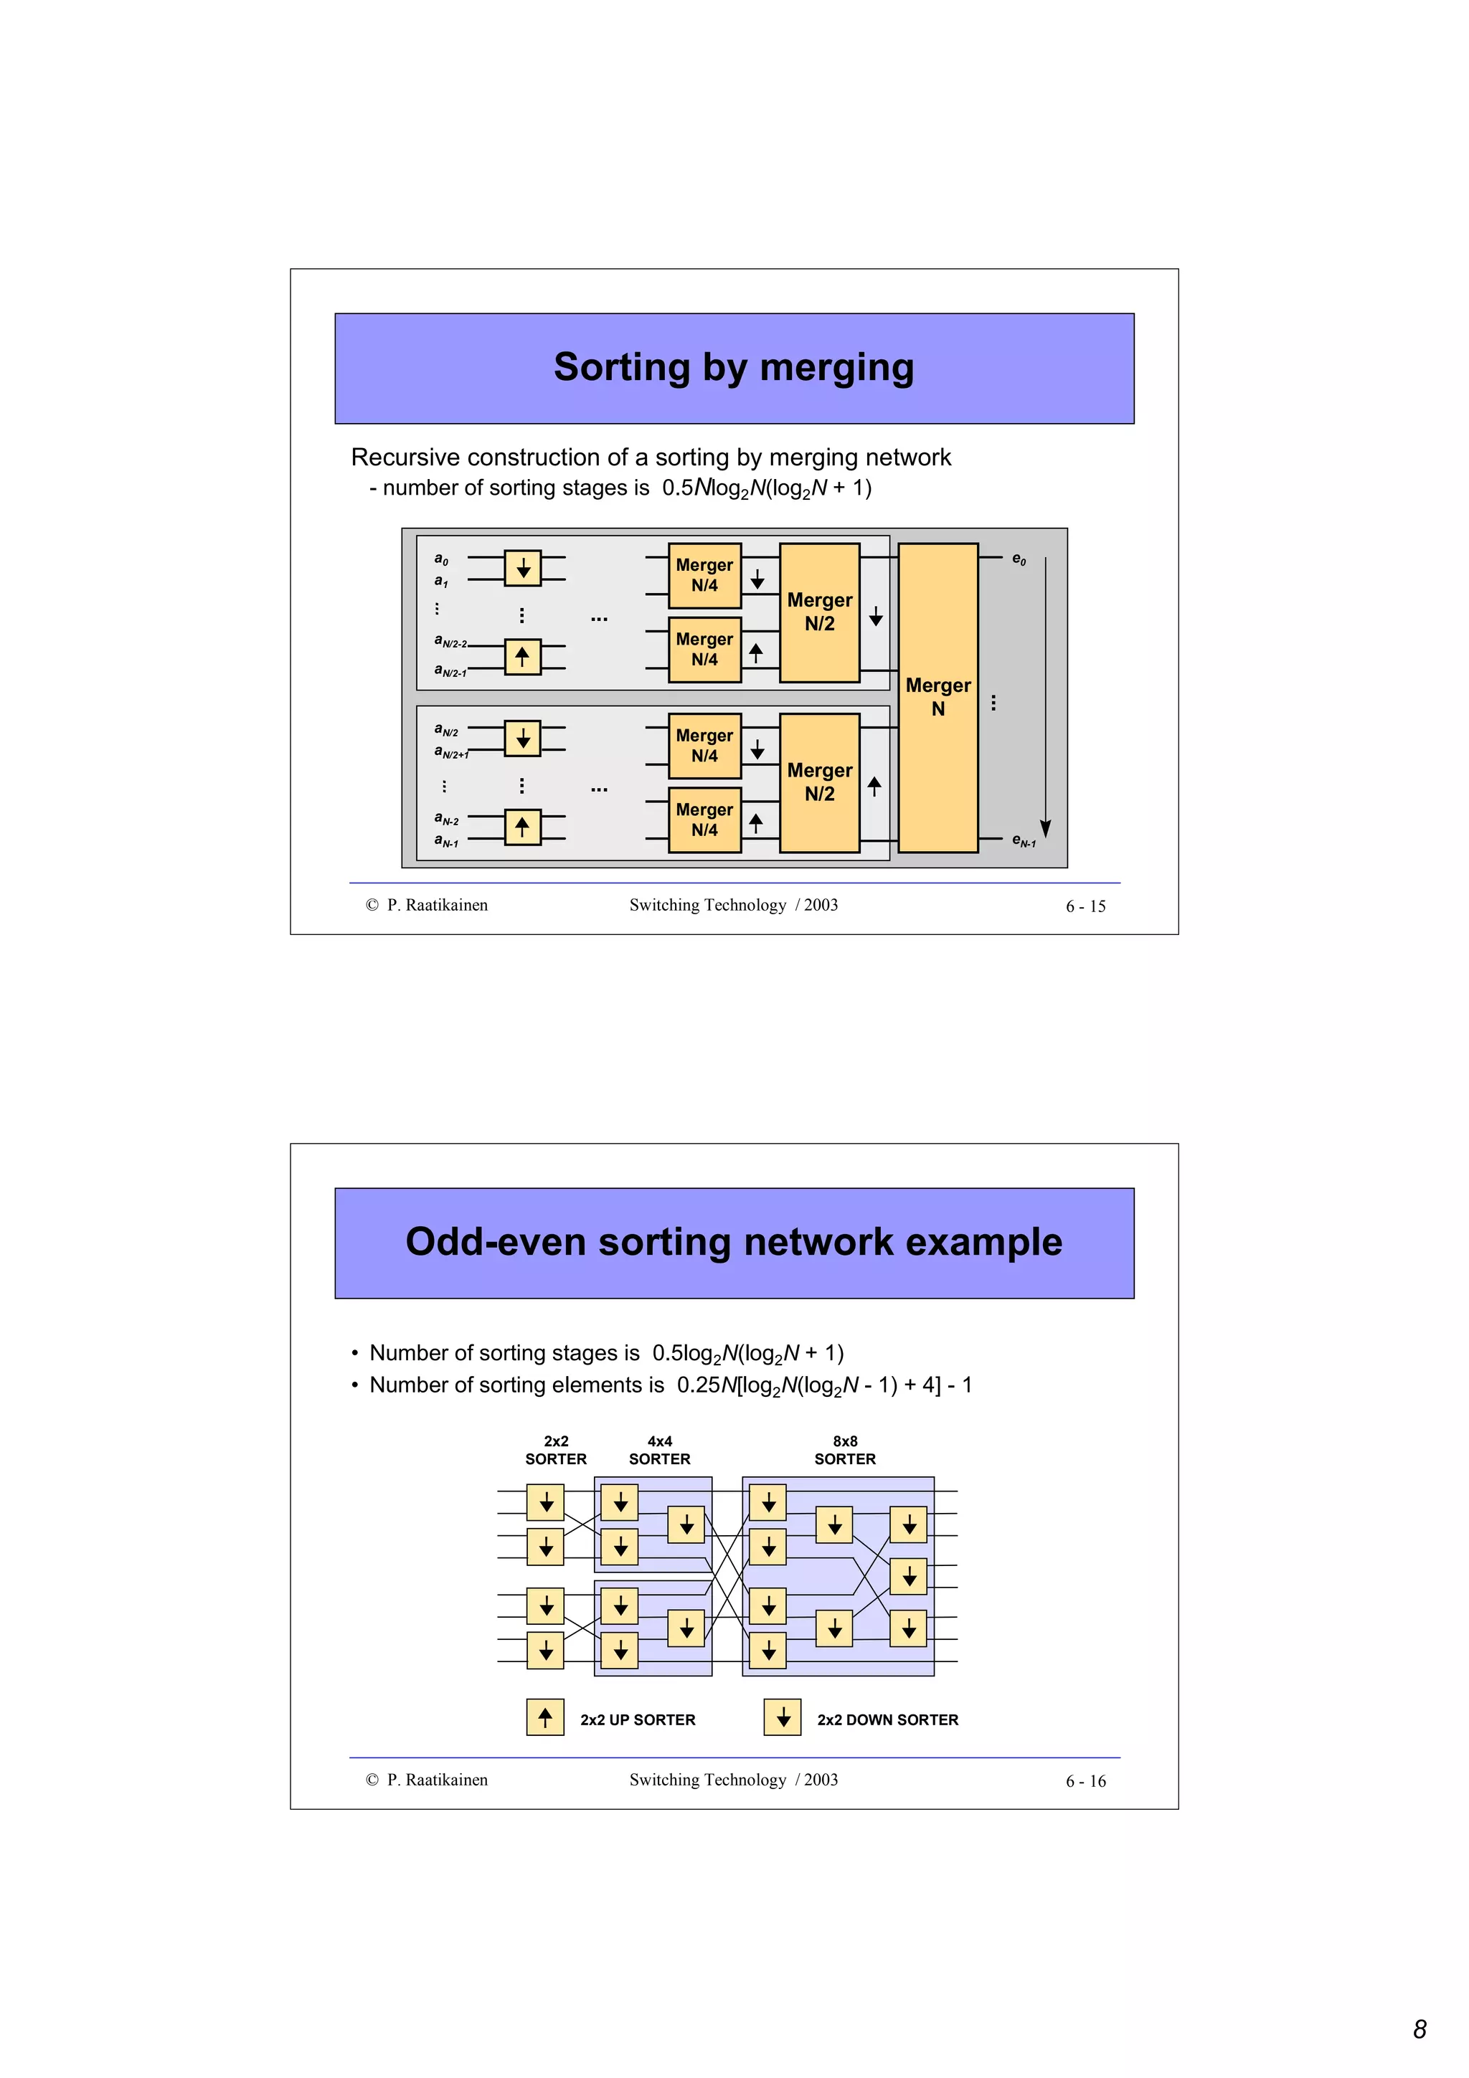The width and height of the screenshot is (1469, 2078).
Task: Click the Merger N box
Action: click(x=937, y=697)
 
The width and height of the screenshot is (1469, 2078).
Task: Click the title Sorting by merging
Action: click(x=733, y=367)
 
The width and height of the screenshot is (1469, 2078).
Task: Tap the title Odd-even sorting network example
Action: click(x=733, y=1242)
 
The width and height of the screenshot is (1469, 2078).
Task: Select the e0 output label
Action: click(x=1019, y=559)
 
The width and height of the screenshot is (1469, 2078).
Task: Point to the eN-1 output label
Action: click(x=1023, y=841)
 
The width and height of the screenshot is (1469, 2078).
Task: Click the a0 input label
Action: click(x=441, y=559)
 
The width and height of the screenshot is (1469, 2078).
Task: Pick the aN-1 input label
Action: click(x=446, y=841)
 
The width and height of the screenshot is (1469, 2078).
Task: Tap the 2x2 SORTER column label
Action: click(x=556, y=1450)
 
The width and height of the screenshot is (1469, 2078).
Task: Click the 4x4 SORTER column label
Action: click(x=659, y=1450)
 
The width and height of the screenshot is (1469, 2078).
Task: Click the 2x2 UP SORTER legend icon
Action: click(x=545, y=1717)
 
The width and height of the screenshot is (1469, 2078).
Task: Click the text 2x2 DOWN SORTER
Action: click(x=887, y=1719)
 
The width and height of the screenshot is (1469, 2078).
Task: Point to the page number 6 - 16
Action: click(x=1085, y=1781)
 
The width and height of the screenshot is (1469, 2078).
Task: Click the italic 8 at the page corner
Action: click(x=1420, y=2029)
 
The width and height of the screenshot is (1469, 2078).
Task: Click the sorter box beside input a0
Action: click(x=522, y=569)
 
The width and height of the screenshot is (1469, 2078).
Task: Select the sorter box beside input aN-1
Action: click(x=522, y=827)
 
